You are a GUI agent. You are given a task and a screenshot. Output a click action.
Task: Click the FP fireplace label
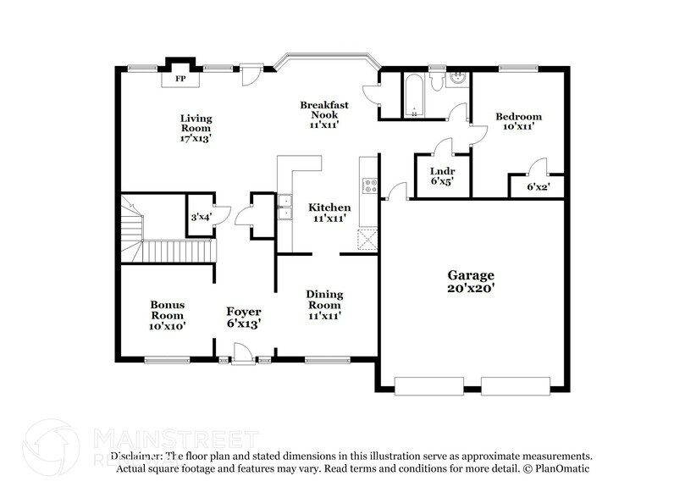180,80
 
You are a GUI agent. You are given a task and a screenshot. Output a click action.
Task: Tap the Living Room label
195,128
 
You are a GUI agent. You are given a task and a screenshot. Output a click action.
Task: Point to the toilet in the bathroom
436,82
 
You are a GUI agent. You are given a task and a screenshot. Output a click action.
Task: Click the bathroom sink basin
457,81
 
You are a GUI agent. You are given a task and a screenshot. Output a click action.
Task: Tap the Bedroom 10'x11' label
517,122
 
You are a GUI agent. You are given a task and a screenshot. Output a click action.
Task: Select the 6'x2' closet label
539,186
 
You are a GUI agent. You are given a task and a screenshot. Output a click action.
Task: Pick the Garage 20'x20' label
472,282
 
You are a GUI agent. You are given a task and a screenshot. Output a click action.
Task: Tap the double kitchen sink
285,207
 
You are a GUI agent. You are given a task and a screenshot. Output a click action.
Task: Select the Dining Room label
323,305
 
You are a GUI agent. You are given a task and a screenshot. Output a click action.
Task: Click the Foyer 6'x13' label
242,317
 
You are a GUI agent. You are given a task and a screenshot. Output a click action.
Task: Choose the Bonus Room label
168,314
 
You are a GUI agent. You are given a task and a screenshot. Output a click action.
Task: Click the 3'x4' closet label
201,218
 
